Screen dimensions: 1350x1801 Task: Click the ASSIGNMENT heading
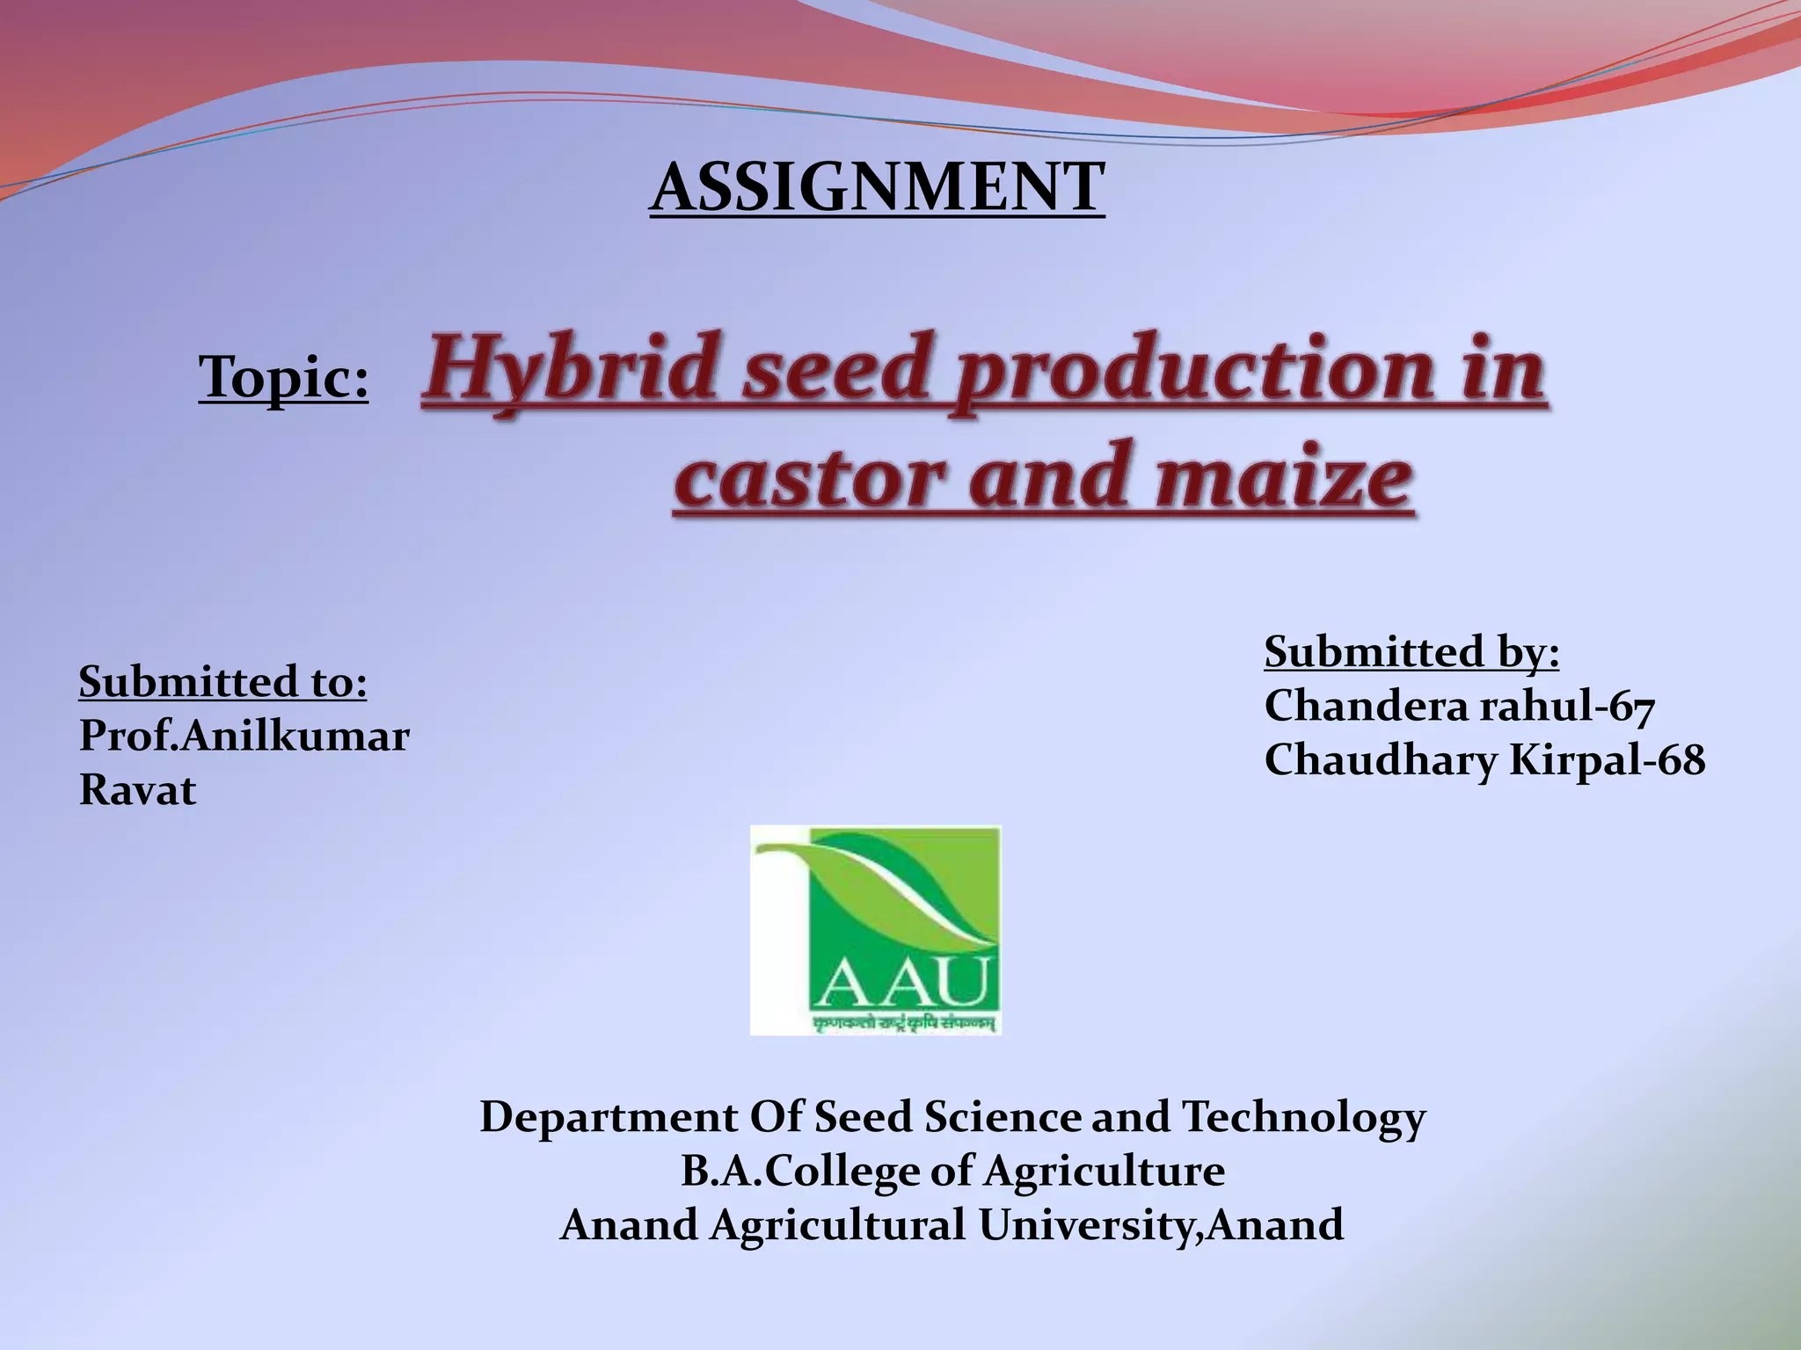click(x=877, y=187)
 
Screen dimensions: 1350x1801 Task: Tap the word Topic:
click(x=283, y=377)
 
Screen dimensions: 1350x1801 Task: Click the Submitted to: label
click(x=222, y=682)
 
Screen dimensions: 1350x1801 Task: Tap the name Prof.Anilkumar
click(x=244, y=737)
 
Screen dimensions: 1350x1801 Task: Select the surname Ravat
click(x=137, y=790)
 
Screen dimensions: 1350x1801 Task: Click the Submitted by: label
click(x=1411, y=653)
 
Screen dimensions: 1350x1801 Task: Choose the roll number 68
click(x=1681, y=760)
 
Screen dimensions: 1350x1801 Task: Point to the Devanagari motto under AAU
click(x=906, y=1021)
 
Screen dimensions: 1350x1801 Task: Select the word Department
click(x=609, y=1117)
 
